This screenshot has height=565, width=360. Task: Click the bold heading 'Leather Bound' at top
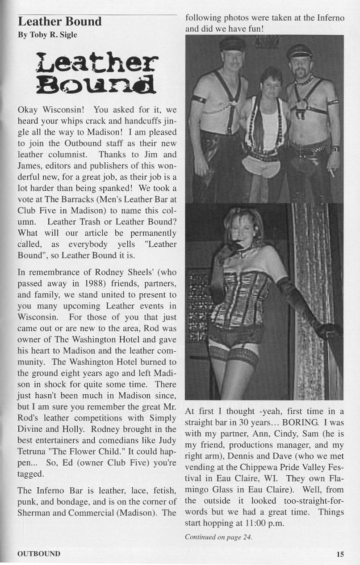point(59,21)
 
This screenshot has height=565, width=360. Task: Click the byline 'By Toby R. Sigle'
point(47,35)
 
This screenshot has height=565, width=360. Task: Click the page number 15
point(340,554)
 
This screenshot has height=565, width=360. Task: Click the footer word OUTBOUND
point(38,554)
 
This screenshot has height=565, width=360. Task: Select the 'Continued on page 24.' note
point(218,537)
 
